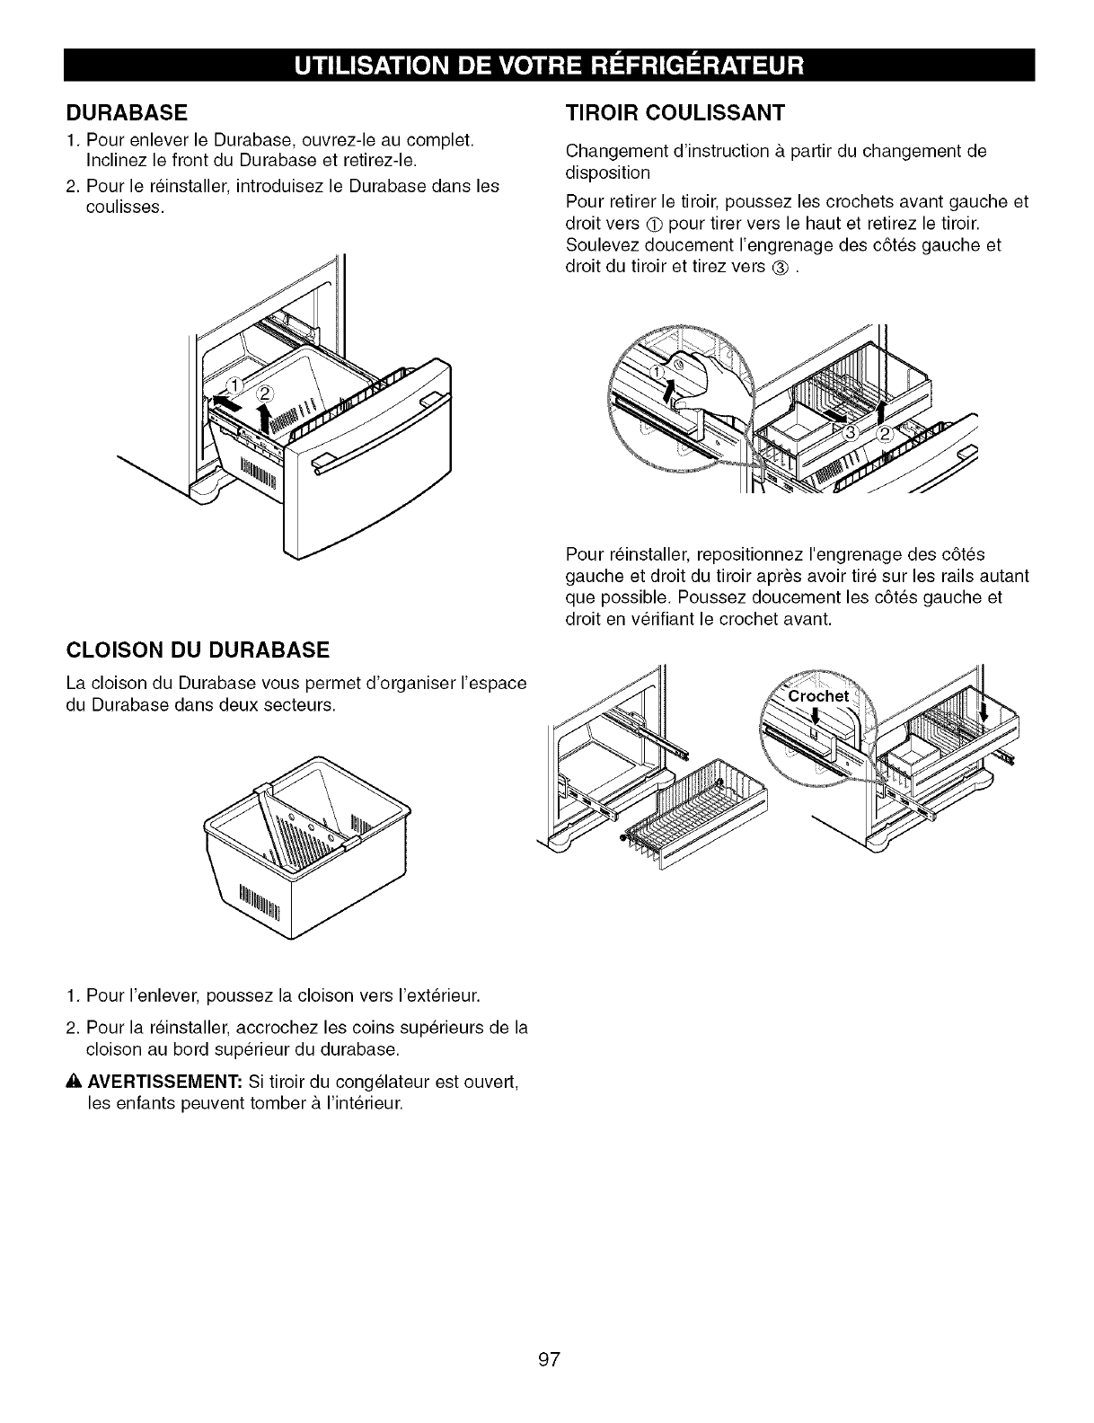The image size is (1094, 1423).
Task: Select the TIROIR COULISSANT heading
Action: pos(675,113)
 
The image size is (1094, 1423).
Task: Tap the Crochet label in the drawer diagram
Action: pos(818,697)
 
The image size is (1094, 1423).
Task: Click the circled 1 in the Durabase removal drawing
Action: pos(232,387)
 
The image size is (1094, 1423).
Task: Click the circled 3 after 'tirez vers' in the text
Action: pos(780,268)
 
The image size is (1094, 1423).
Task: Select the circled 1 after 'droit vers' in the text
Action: pos(653,224)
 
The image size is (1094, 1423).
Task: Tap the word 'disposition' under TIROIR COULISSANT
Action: pos(608,172)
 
